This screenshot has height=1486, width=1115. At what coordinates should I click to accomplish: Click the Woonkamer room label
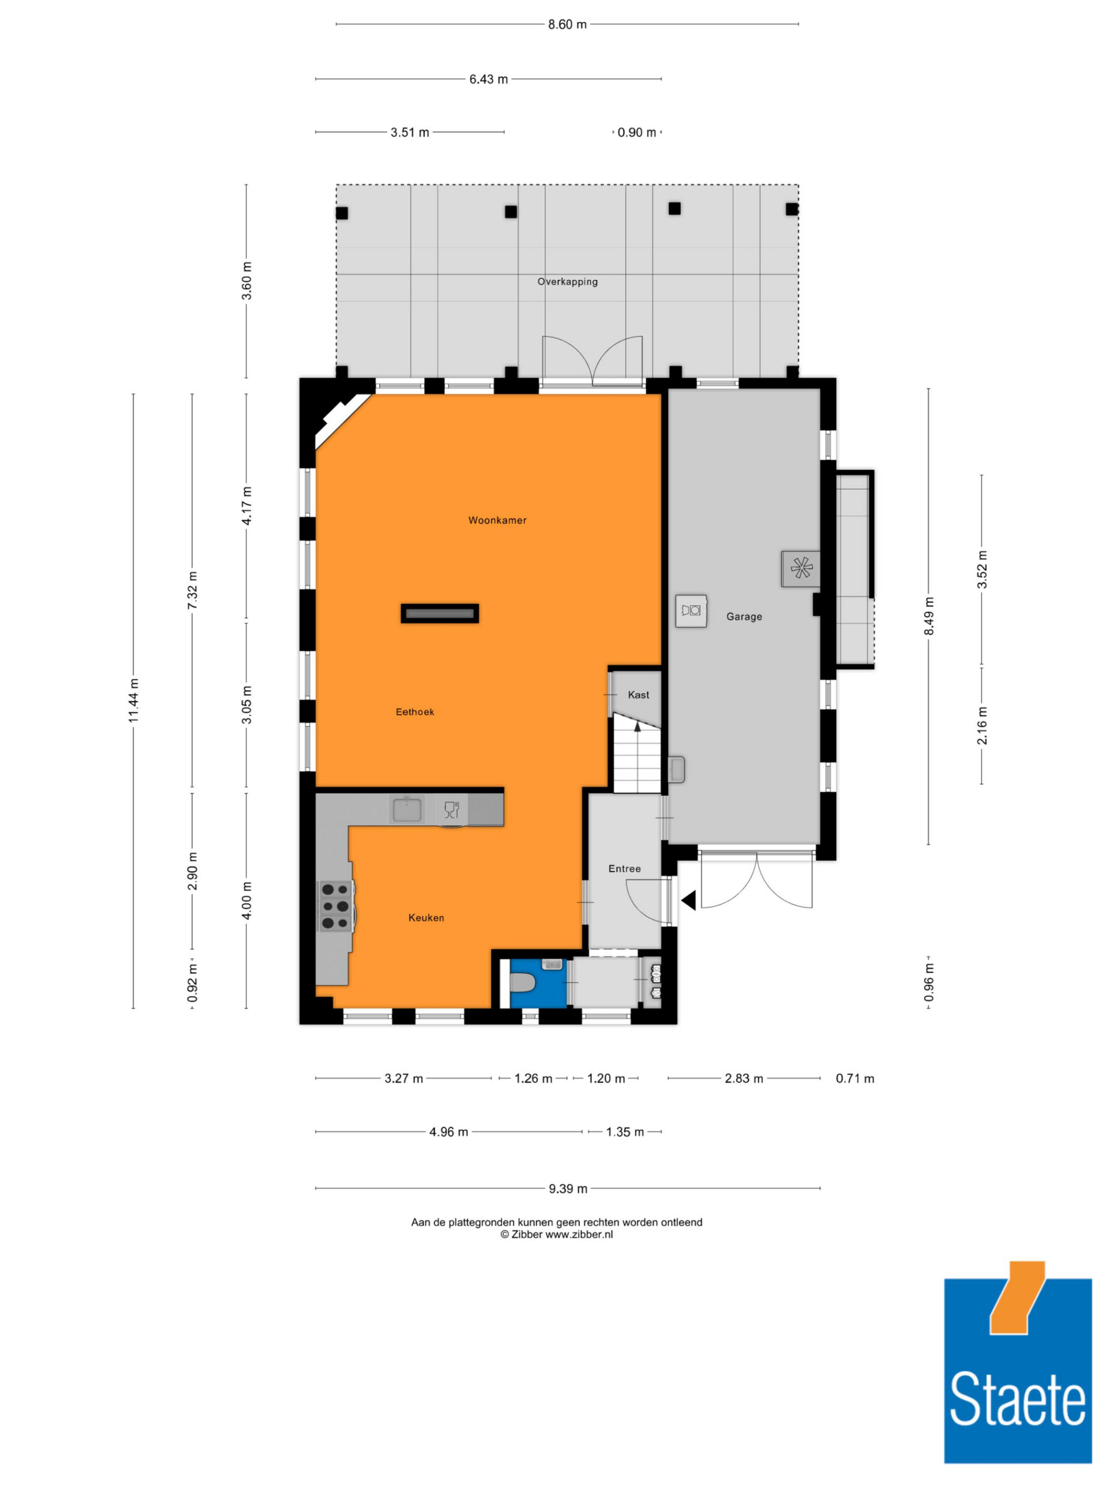tap(497, 520)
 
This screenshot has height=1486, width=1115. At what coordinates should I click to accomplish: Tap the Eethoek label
tap(415, 712)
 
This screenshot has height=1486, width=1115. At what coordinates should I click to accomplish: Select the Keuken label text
tap(426, 918)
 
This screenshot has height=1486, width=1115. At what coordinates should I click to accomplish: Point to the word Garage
tap(744, 617)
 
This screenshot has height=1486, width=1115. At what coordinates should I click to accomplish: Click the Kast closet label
tap(638, 695)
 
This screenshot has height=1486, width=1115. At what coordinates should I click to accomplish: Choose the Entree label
tap(624, 869)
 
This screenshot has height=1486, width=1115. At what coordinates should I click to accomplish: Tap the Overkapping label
tap(567, 281)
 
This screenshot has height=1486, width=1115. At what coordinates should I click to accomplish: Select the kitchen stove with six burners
tap(336, 906)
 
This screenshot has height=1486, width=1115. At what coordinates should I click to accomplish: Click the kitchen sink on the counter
tap(408, 810)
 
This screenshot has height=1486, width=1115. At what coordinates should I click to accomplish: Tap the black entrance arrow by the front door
tap(688, 901)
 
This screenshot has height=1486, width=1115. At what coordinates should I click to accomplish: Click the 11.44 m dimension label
tap(134, 701)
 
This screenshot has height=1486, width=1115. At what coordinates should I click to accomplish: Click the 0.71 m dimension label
tap(855, 1078)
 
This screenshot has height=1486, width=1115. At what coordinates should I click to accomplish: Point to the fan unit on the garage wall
tap(801, 568)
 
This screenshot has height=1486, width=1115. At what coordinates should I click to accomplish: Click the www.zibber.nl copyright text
tap(556, 1234)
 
